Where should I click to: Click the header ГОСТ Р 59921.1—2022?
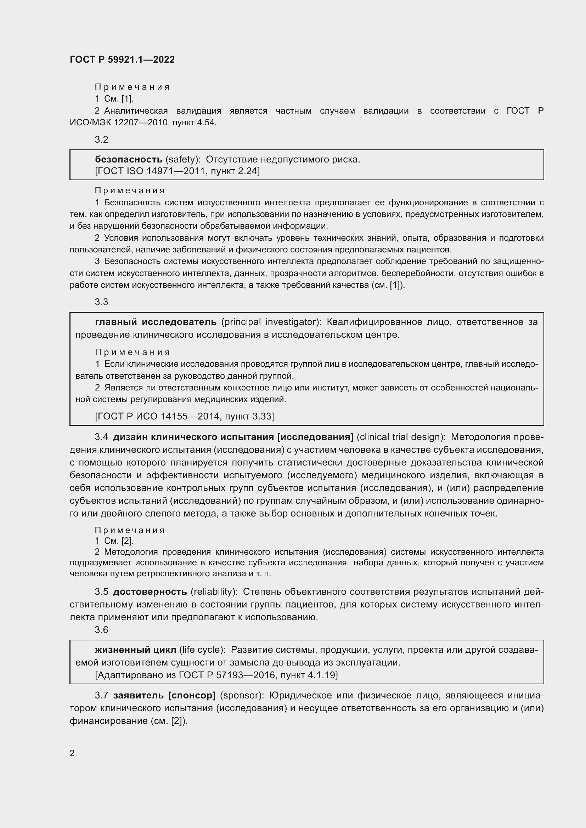pyautogui.click(x=122, y=59)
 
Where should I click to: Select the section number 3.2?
pyautogui.click(x=101, y=139)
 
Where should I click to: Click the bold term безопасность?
pyautogui.click(x=129, y=159)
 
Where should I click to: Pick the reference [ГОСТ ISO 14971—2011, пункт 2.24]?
pyautogui.click(x=177, y=171)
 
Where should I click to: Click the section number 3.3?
pyautogui.click(x=101, y=302)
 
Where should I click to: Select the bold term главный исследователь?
pyautogui.click(x=156, y=322)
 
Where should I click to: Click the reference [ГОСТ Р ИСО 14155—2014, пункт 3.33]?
pyautogui.click(x=184, y=417)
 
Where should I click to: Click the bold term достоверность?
pyautogui.click(x=150, y=592)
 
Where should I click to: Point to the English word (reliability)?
pyautogui.click(x=214, y=592)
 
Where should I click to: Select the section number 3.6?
pyautogui.click(x=101, y=630)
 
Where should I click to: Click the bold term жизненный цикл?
pyautogui.click(x=135, y=650)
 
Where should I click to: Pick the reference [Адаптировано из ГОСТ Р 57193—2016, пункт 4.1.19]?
pyautogui.click(x=216, y=675)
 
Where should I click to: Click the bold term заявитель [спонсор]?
pyautogui.click(x=164, y=695)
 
